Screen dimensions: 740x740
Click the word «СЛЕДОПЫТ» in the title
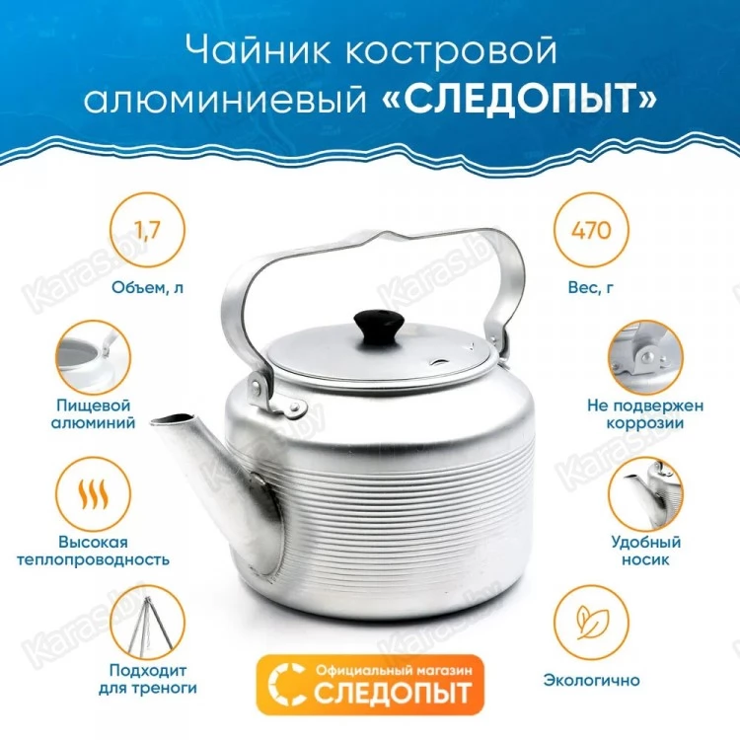(519, 99)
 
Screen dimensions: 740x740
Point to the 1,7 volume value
(148, 230)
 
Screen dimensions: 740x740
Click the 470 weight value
(591, 230)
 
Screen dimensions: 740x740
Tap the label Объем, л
(148, 287)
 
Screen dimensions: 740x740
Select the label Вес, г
(591, 287)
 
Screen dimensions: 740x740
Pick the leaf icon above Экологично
(591, 622)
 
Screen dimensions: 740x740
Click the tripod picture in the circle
(148, 622)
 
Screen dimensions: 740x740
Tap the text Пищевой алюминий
(93, 413)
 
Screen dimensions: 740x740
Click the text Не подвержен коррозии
(645, 413)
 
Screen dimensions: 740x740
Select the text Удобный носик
(645, 551)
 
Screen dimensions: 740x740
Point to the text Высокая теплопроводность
(93, 551)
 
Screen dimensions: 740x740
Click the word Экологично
(591, 680)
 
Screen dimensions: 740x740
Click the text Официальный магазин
(394, 671)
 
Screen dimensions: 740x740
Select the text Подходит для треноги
(148, 679)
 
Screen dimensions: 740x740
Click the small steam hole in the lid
(439, 362)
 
